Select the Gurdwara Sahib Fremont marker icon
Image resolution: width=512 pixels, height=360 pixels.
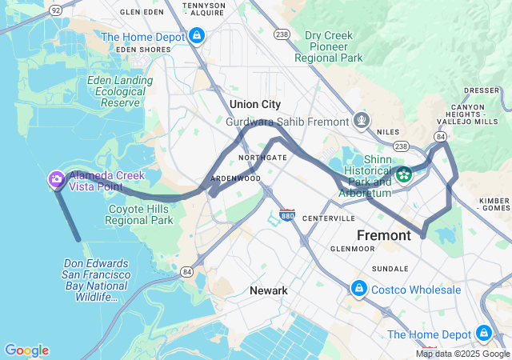(x=362, y=122)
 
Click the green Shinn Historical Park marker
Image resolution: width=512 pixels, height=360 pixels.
(x=404, y=174)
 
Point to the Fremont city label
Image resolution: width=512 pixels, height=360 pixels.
(x=383, y=235)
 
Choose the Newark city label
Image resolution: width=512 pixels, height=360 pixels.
(x=268, y=290)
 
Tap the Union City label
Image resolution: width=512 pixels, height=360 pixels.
(x=255, y=105)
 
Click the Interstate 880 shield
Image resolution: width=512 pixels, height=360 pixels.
(x=287, y=215)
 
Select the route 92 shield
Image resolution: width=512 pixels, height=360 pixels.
(x=54, y=10)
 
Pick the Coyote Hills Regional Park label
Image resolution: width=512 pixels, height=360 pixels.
(x=140, y=214)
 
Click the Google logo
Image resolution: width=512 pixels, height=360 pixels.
(x=26, y=350)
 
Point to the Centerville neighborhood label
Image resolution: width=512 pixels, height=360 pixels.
(x=328, y=218)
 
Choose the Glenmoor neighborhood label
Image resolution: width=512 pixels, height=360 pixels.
(x=352, y=249)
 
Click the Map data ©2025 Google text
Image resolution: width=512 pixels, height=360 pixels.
(x=462, y=354)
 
